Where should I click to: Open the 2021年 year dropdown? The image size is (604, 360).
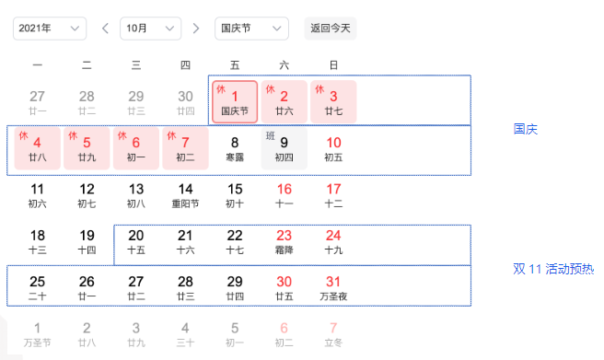click(50, 29)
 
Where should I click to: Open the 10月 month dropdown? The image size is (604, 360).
click(150, 29)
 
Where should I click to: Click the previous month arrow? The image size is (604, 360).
click(105, 29)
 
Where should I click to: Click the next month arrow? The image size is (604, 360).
click(196, 29)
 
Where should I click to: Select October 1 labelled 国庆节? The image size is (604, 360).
click(235, 101)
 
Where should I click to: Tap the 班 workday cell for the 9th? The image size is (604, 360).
click(284, 147)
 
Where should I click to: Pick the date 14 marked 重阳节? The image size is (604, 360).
click(185, 195)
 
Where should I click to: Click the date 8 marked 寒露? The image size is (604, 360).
click(235, 147)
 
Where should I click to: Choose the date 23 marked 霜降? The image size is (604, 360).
click(284, 241)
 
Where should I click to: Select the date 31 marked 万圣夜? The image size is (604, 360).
click(333, 286)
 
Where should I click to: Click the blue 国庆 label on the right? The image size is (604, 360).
click(525, 129)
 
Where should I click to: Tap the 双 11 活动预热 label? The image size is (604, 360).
click(553, 270)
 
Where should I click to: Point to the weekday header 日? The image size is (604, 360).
click(333, 64)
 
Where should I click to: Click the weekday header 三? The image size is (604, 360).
click(136, 64)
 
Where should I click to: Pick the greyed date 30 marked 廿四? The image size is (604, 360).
click(185, 101)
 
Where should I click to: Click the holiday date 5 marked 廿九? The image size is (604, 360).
click(87, 147)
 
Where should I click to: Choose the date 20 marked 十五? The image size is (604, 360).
click(136, 241)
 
